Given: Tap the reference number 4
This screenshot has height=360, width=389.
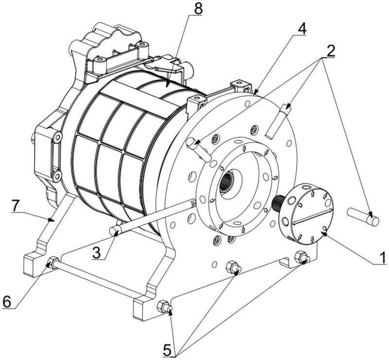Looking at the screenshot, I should tap(302, 28).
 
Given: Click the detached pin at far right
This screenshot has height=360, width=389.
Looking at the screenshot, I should tap(363, 216).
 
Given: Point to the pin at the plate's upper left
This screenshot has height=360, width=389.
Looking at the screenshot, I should tap(199, 148).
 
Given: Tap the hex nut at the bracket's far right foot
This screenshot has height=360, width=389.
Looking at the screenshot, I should tap(301, 257).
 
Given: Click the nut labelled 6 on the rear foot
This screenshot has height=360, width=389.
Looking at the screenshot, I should tap(52, 263).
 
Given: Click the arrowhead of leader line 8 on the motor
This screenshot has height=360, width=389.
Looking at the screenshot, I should tap(168, 84).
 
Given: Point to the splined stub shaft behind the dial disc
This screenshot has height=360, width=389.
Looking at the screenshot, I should tap(280, 203).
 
